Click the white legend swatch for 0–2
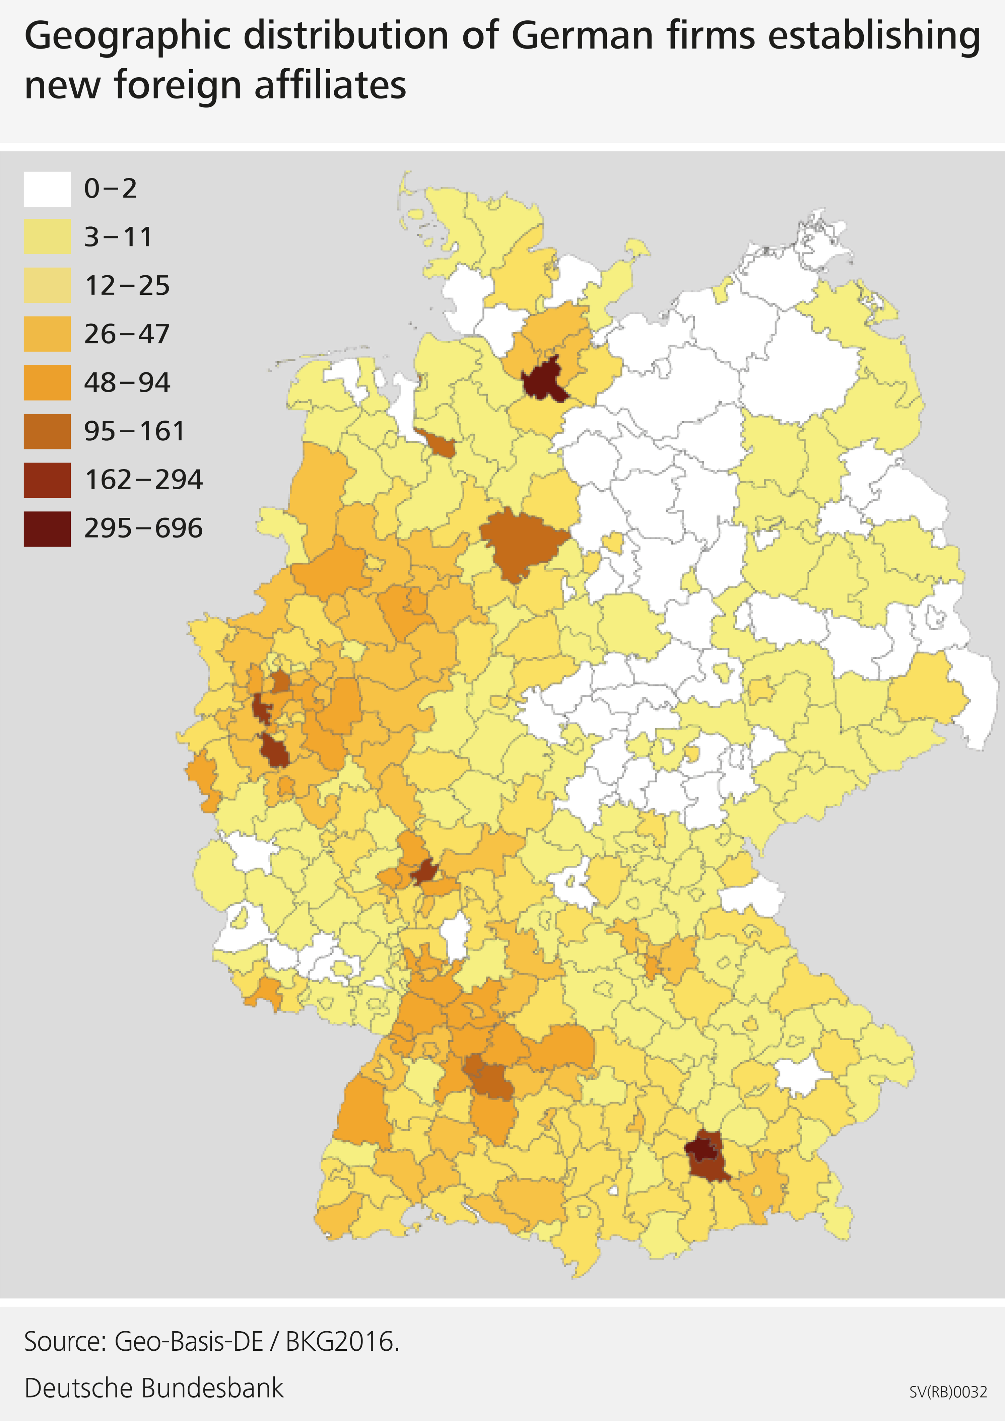coord(47,189)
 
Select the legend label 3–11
coord(118,237)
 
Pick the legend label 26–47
coord(127,334)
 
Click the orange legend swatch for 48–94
coord(47,382)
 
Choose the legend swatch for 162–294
coord(47,480)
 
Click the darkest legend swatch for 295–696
coord(47,529)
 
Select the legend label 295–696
coord(143,529)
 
